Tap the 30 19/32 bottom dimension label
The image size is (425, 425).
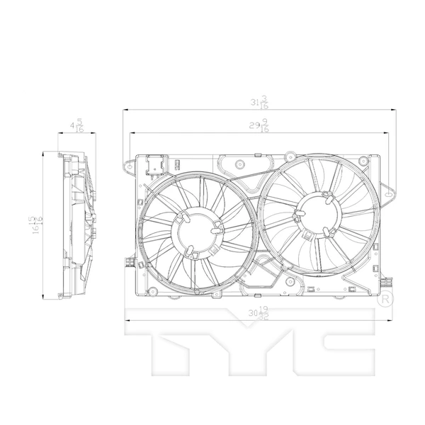[259, 312]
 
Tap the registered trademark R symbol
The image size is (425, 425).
[385, 300]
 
